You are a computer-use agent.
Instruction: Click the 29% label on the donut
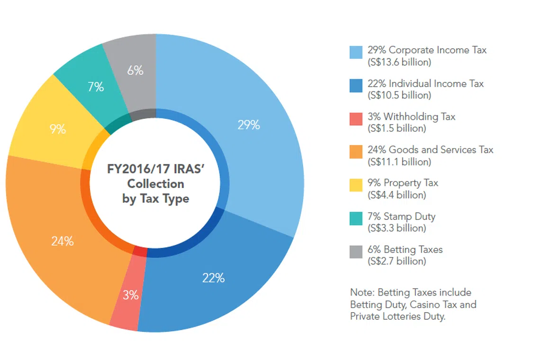pos(249,125)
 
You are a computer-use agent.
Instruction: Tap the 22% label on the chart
pos(213,278)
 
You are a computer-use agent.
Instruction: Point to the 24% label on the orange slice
pos(63,241)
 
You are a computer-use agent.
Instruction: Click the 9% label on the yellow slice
pos(58,129)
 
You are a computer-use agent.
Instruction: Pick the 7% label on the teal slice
pos(96,87)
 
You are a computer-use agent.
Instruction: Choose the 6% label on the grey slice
pos(135,71)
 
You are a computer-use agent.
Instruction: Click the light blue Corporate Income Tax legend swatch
pos(356,52)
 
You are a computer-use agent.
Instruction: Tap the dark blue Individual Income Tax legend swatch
pos(356,86)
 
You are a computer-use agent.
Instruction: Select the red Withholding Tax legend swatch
pos(356,119)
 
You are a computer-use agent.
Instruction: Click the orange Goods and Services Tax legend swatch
pos(356,152)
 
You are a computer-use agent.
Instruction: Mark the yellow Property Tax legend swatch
pos(356,185)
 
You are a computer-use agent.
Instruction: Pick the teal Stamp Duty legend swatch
pos(356,218)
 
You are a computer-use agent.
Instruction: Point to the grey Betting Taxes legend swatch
pos(356,252)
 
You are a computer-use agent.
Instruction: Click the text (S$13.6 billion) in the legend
pos(399,62)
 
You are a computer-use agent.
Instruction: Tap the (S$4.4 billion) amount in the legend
pos(397,195)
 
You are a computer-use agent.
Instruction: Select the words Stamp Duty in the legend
pos(409,216)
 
